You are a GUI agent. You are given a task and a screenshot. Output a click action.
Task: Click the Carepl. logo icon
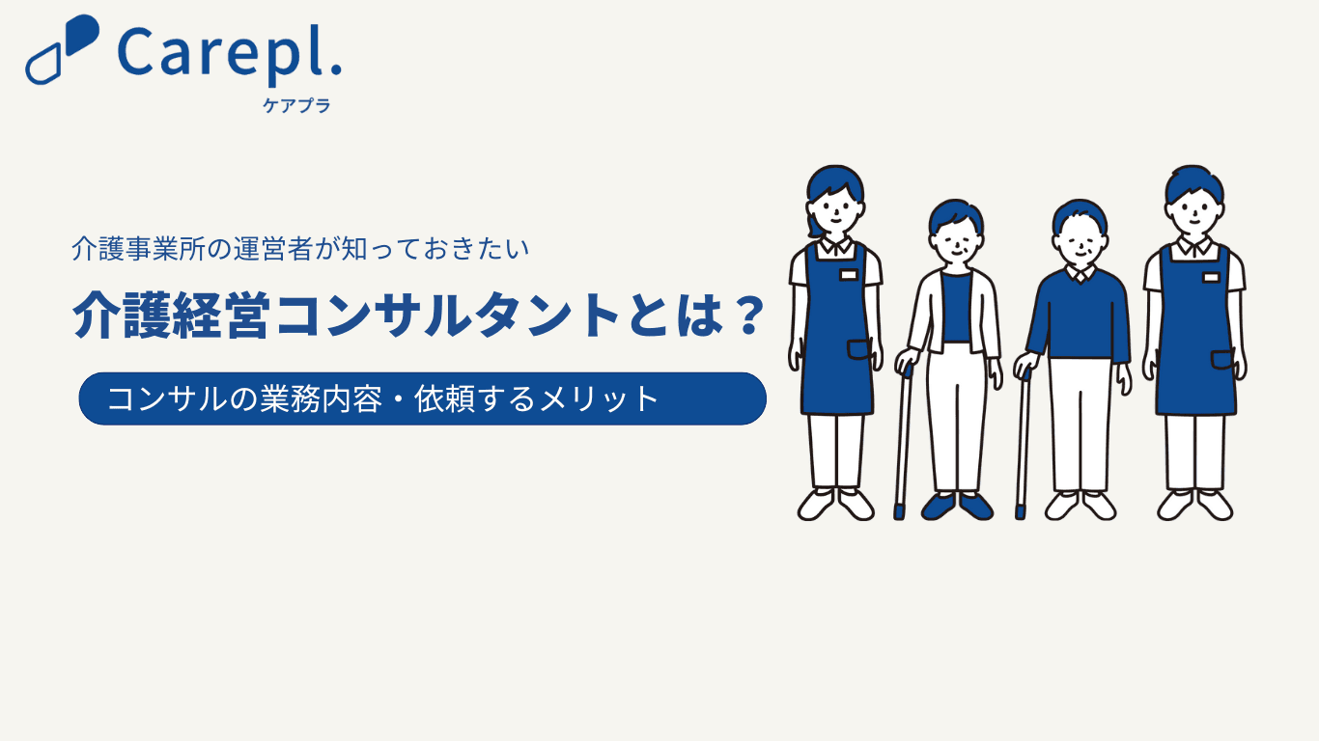(x=62, y=49)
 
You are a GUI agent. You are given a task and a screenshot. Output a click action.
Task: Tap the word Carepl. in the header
(x=230, y=54)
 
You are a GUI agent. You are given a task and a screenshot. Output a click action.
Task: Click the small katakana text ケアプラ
(x=296, y=105)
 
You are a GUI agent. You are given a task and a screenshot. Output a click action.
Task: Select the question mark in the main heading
(x=749, y=316)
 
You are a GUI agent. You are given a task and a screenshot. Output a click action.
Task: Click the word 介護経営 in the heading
(x=171, y=316)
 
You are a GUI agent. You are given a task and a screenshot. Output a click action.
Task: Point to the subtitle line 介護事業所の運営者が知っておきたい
(x=300, y=249)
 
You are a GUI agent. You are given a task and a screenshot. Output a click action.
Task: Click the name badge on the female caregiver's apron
(x=848, y=275)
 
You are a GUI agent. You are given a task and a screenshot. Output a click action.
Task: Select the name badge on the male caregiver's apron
(x=1211, y=277)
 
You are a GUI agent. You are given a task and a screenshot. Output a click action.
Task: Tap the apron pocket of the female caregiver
(x=859, y=349)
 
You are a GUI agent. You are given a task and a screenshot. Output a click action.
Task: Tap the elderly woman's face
(x=956, y=245)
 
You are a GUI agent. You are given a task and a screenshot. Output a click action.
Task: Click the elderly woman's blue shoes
(x=957, y=507)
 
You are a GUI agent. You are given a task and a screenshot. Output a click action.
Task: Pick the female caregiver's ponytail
(x=814, y=227)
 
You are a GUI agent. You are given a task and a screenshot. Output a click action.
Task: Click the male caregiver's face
(x=1194, y=213)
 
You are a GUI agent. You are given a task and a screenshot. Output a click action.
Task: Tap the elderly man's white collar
(x=1080, y=273)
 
